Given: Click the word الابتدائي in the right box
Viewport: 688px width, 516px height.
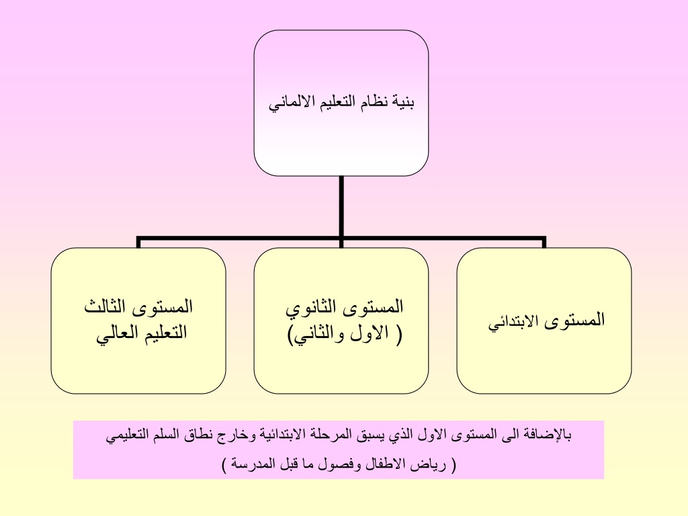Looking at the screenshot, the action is (x=513, y=321).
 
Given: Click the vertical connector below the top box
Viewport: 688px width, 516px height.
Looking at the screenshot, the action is (x=341, y=206).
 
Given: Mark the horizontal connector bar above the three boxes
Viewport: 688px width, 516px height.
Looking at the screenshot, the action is (x=341, y=239).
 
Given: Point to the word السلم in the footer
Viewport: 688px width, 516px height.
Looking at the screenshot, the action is (x=165, y=435).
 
